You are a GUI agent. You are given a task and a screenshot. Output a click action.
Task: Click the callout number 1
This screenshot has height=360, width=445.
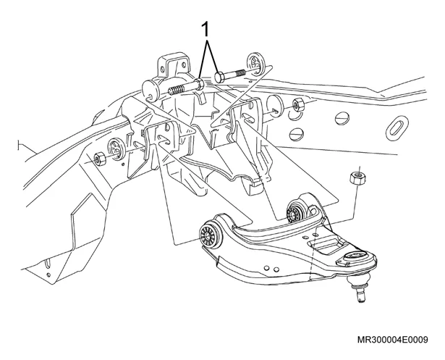205,30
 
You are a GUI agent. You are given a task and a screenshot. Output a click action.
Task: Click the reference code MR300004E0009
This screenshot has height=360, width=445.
392,340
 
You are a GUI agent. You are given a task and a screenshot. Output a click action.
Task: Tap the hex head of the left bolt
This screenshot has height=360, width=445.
200,84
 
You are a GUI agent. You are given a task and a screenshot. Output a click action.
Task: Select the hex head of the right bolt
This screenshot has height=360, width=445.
220,78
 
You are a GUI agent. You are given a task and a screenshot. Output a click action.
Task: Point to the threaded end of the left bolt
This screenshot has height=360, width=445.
177,90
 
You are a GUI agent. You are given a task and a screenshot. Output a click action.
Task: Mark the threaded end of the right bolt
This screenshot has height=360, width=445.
240,73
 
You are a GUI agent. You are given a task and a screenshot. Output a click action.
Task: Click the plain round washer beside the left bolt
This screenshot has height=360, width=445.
151,91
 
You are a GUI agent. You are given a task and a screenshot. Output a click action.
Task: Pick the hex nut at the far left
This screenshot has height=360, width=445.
100,159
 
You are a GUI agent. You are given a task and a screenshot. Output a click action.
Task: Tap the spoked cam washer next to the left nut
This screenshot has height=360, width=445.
114,148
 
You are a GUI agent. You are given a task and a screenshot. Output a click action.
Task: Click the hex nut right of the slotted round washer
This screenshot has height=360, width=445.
299,104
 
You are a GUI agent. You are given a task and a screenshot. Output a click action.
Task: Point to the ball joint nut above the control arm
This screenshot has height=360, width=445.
357,178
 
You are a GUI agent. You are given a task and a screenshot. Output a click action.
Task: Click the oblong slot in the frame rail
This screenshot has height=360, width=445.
397,127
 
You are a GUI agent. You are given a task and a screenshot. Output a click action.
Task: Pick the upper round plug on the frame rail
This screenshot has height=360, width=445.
342,118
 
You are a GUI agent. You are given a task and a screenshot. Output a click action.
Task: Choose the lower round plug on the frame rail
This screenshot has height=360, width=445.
297,134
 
